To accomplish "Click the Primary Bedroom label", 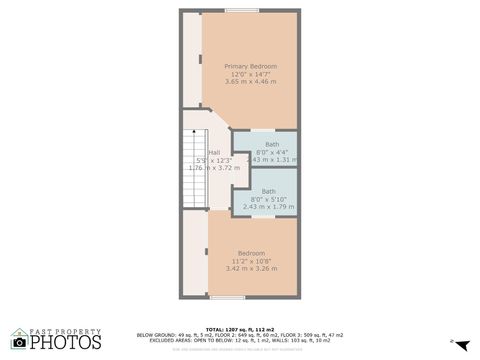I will click(x=250, y=66).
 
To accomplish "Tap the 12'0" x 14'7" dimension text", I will click(x=250, y=73).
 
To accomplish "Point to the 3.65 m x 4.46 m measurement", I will click(x=250, y=81).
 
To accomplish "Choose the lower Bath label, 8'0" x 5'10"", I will click(x=269, y=191).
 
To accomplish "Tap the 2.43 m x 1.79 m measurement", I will click(x=269, y=206).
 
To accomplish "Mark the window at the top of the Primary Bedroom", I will click(x=240, y=11).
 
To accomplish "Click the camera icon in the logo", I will click(x=19, y=342).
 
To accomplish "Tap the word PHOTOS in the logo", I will click(x=65, y=343).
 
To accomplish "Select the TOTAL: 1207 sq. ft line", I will click(x=239, y=329).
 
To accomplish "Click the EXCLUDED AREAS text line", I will click(x=239, y=340).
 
